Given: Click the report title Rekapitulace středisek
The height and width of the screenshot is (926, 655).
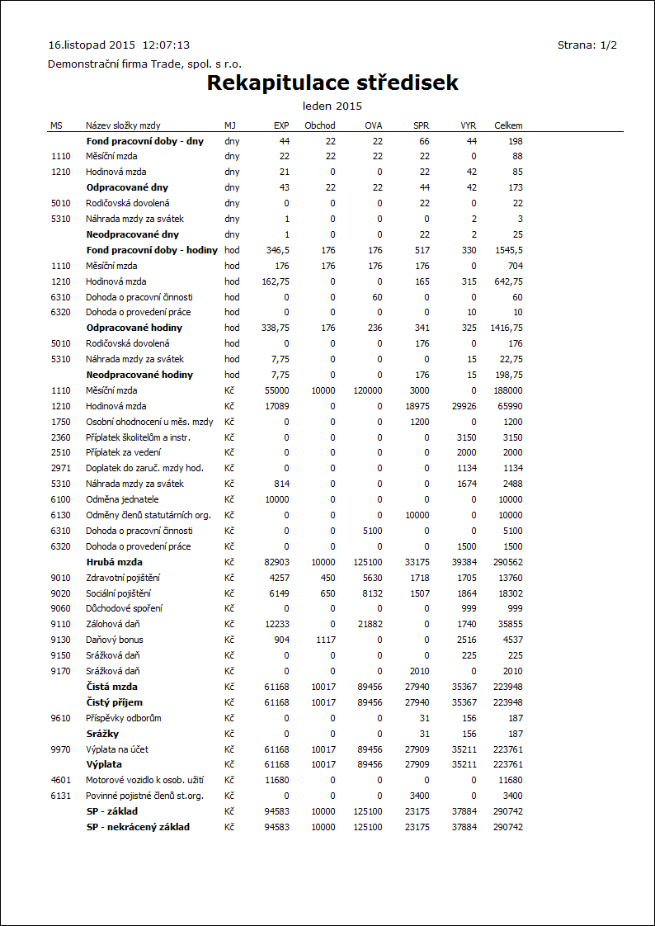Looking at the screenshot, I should point(332,83).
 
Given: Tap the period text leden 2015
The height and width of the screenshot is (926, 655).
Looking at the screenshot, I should point(332,106).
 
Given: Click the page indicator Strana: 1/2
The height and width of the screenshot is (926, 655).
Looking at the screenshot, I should point(587,45).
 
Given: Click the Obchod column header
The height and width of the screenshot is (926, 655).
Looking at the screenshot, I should point(320,125).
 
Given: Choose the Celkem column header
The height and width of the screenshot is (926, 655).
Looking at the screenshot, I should point(508,125).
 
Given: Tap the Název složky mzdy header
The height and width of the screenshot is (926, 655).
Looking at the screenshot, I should point(124,125).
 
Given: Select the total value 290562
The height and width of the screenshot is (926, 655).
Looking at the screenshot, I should point(508,562).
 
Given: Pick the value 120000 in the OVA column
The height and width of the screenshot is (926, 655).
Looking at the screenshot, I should point(368,390).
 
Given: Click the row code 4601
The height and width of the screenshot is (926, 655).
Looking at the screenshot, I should point(60,781).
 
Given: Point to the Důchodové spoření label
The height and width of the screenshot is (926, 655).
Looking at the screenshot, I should point(125,609).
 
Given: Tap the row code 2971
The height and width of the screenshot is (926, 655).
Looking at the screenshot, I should point(60,469).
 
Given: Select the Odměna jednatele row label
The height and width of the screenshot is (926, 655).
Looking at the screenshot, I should point(123,500).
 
